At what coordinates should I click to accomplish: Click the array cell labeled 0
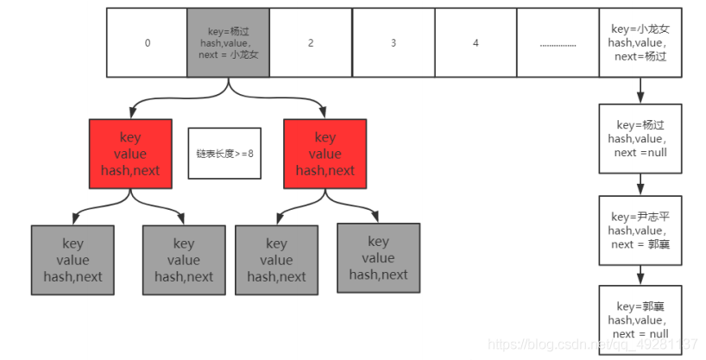pyautogui.click(x=147, y=42)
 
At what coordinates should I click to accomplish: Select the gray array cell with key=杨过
pyautogui.click(x=228, y=42)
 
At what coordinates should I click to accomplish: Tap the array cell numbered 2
pyautogui.click(x=311, y=42)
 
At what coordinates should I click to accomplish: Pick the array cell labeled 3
pyautogui.click(x=393, y=42)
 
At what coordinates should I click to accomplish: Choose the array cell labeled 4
pyautogui.click(x=475, y=42)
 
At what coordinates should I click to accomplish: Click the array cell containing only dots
pyautogui.click(x=558, y=42)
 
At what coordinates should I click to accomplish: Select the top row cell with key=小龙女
pyautogui.click(x=640, y=42)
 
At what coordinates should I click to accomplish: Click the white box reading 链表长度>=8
pyautogui.click(x=224, y=153)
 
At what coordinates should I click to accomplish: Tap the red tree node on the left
pyautogui.click(x=130, y=153)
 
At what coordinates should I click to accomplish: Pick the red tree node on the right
pyautogui.click(x=325, y=153)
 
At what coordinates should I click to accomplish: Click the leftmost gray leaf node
pyautogui.click(x=72, y=259)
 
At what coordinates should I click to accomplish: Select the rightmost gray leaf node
pyautogui.click(x=378, y=257)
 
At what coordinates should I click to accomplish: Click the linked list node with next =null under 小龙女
pyautogui.click(x=640, y=138)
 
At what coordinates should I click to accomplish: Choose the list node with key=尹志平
pyautogui.click(x=640, y=231)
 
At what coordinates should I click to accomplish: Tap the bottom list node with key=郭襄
pyautogui.click(x=640, y=319)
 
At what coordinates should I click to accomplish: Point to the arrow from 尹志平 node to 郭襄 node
pyautogui.click(x=640, y=275)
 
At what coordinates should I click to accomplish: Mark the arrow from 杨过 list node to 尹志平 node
pyautogui.click(x=640, y=184)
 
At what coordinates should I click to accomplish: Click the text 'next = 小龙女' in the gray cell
pyautogui.click(x=228, y=54)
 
